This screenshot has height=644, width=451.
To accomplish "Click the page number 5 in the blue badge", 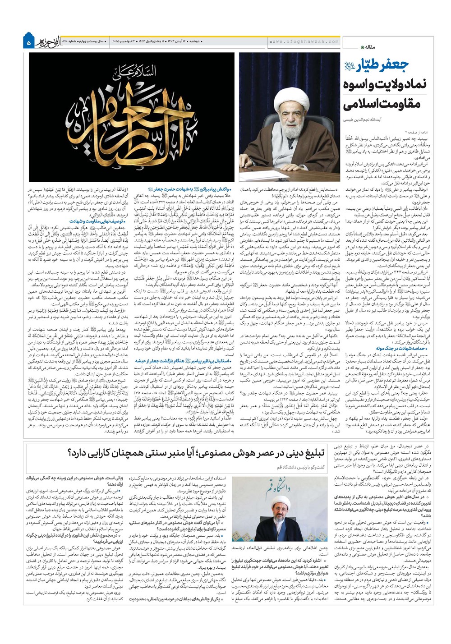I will pyautogui.click(x=28, y=43).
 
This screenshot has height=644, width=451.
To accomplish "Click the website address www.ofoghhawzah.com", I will pyautogui.click(x=305, y=41).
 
